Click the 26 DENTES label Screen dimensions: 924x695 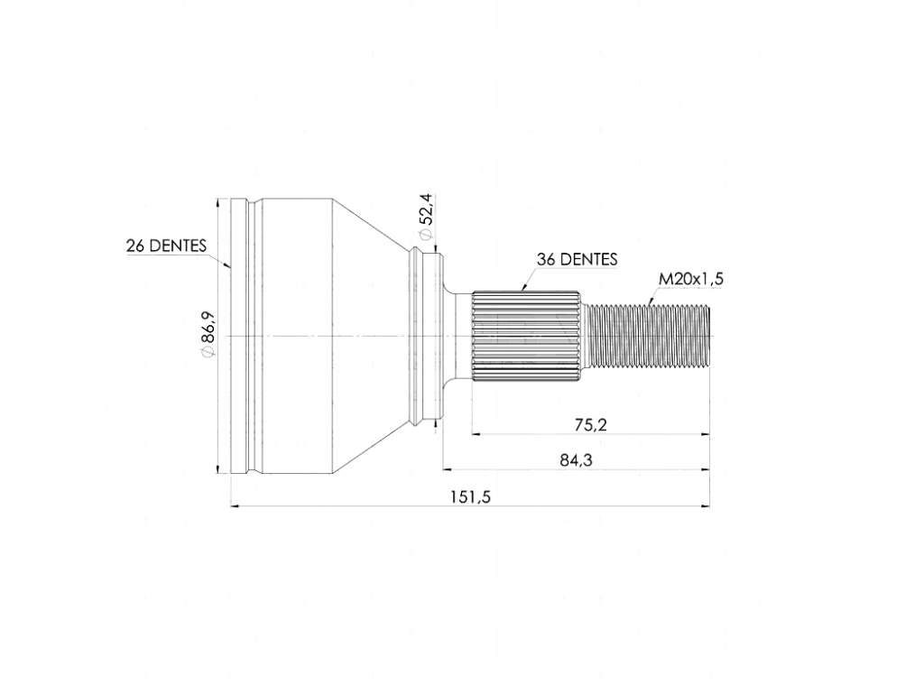coord(166,246)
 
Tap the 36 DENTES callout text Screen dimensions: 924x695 coord(577,259)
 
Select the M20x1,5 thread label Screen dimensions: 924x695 coord(690,279)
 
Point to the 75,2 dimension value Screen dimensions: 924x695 coord(590,424)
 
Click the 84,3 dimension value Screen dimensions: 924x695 coord(576,459)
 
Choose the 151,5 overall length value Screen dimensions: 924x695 coord(471,497)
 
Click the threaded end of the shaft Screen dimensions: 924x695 coord(650,336)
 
